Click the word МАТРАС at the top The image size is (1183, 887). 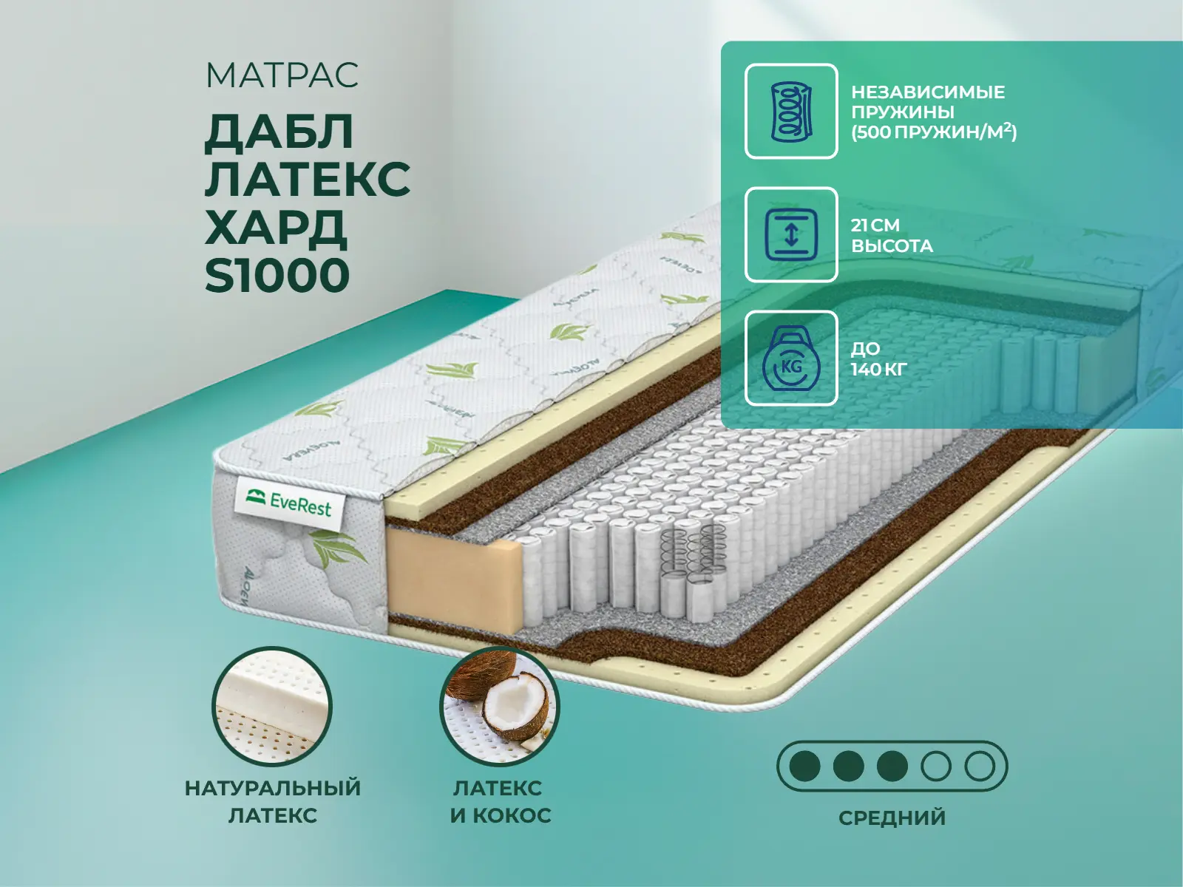pyautogui.click(x=282, y=75)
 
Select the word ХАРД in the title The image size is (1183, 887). pyautogui.click(x=275, y=227)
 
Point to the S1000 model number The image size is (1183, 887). pyautogui.click(x=277, y=275)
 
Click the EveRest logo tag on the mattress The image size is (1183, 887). pyautogui.click(x=289, y=503)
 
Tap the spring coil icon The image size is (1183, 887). pyautogui.click(x=791, y=112)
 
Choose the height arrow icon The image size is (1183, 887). pyautogui.click(x=791, y=235)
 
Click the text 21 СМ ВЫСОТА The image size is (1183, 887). pyautogui.click(x=892, y=235)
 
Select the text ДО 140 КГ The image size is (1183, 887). pyautogui.click(x=878, y=358)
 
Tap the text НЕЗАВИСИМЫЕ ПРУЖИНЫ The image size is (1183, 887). pyautogui.click(x=927, y=102)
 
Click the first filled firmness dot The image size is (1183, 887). pyautogui.click(x=804, y=766)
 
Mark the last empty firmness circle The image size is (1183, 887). pyautogui.click(x=979, y=766)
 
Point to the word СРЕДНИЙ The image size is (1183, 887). pyautogui.click(x=892, y=818)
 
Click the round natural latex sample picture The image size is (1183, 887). pyautogui.click(x=271, y=707)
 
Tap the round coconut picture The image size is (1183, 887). pyautogui.click(x=500, y=707)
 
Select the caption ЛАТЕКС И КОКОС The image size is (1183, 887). pyautogui.click(x=500, y=802)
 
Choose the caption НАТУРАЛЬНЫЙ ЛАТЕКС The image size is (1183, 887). pyautogui.click(x=273, y=802)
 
